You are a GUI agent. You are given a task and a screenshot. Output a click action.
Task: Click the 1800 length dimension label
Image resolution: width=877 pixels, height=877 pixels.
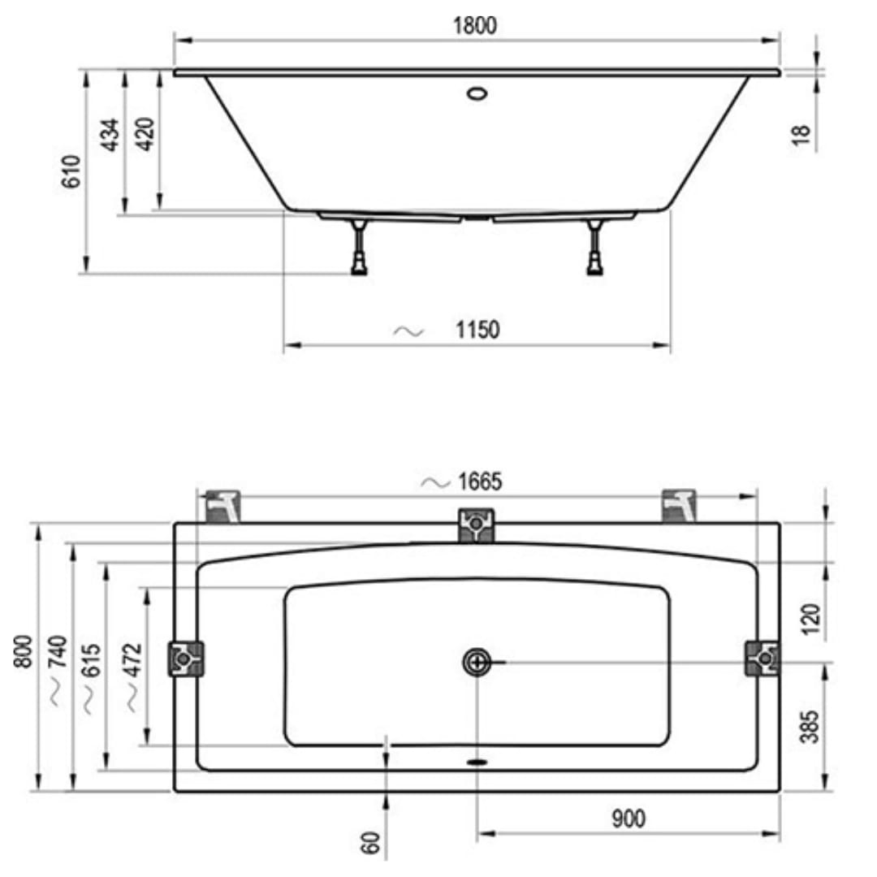click(x=474, y=26)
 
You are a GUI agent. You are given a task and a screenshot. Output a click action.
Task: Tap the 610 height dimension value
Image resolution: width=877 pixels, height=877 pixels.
click(x=71, y=171)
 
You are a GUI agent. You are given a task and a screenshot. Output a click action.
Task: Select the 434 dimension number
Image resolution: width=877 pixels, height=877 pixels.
click(x=110, y=135)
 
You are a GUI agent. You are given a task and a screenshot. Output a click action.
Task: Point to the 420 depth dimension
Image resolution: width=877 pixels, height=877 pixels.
click(x=145, y=134)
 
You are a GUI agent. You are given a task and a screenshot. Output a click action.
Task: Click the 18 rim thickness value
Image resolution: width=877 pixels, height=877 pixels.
click(x=801, y=135)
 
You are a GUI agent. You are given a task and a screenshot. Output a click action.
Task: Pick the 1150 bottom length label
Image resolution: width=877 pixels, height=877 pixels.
click(x=477, y=330)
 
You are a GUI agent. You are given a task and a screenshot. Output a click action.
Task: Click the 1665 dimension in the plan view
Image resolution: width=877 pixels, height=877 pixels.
click(x=480, y=482)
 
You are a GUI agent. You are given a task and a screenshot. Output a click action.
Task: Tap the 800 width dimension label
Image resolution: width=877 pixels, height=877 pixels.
click(x=23, y=651)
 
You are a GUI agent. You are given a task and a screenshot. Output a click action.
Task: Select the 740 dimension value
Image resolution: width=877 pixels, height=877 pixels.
click(x=58, y=651)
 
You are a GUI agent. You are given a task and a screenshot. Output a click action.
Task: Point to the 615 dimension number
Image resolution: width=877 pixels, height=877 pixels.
click(x=91, y=660)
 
